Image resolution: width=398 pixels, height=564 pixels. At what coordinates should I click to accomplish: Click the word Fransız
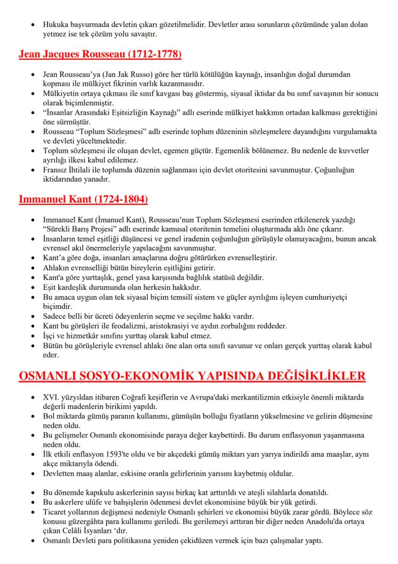point(55,170)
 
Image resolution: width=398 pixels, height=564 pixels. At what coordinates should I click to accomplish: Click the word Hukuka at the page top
point(55,24)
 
